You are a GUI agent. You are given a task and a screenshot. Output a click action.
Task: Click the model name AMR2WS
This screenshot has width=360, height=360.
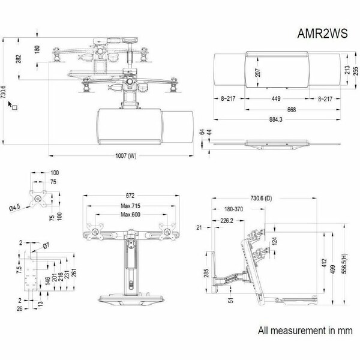(x=322, y=34)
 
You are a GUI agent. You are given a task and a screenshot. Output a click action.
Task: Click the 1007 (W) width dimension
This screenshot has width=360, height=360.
(x=125, y=156)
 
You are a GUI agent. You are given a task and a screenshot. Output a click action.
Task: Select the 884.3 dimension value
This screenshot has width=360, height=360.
(x=276, y=119)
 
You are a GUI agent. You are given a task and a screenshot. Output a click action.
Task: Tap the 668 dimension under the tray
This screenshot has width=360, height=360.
(x=292, y=110)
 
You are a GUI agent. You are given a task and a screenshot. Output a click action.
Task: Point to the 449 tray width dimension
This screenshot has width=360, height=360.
(x=276, y=98)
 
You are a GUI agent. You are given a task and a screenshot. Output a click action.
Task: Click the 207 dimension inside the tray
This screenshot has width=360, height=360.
(x=258, y=73)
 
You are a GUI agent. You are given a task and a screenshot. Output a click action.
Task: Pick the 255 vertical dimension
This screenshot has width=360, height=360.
(x=355, y=71)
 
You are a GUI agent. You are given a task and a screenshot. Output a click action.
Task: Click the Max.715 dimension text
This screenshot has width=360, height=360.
(x=130, y=206)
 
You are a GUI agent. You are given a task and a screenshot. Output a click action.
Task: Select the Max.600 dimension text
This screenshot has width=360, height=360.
(x=130, y=214)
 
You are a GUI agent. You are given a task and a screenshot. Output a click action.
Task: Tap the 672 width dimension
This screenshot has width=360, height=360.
(x=130, y=196)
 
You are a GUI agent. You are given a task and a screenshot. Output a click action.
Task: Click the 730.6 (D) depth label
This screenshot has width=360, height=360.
(x=261, y=198)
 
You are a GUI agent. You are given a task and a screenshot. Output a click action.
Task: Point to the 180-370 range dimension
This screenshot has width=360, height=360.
(x=233, y=209)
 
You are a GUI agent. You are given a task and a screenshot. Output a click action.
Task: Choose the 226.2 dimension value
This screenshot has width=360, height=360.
(x=227, y=221)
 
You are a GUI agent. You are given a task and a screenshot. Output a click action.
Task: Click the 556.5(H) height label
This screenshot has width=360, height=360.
(x=344, y=263)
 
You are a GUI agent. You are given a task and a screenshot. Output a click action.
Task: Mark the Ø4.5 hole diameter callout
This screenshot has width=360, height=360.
(x=14, y=208)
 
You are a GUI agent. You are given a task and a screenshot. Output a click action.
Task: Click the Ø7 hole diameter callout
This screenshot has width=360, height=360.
(x=46, y=246)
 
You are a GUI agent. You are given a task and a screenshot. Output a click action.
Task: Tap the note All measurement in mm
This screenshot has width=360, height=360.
(x=305, y=331)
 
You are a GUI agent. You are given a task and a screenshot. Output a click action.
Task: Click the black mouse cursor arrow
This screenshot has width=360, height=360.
(x=10, y=104)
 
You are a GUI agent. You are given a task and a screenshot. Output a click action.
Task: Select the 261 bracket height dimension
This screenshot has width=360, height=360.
(x=74, y=272)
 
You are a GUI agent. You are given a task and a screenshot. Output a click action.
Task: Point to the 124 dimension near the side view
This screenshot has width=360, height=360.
(x=274, y=241)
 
